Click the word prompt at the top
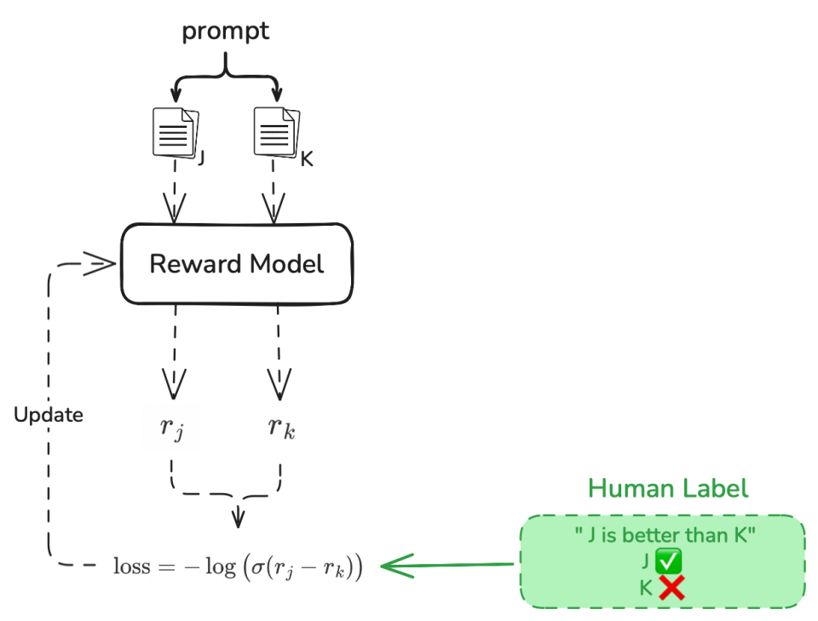[x=225, y=32]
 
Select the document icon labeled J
[x=175, y=132]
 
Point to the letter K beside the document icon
[x=307, y=158]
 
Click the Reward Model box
[x=236, y=263]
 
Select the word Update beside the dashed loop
[x=49, y=415]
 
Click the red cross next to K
[x=671, y=587]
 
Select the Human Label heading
[x=668, y=488]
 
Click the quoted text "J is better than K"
[x=665, y=535]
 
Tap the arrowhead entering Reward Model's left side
[x=101, y=263]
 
